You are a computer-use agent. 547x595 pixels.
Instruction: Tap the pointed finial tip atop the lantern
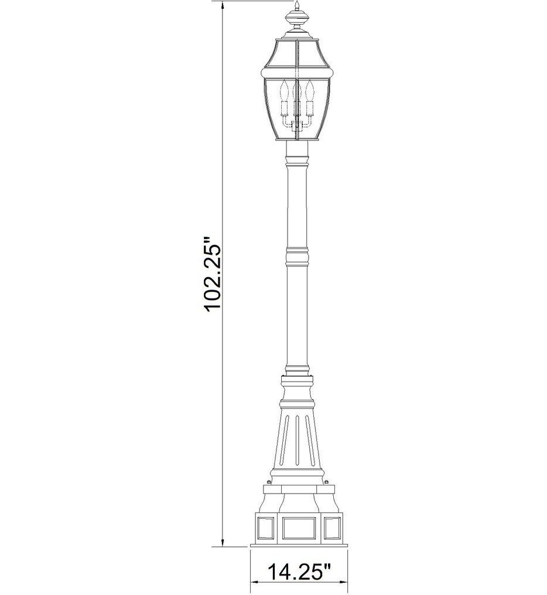point(297,6)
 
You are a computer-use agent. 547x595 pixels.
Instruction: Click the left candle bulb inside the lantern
point(286,91)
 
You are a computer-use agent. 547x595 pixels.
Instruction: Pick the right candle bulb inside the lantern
point(309,91)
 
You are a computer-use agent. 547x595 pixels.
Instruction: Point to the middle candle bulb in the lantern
point(297,89)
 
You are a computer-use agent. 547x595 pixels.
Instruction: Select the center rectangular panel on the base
point(299,528)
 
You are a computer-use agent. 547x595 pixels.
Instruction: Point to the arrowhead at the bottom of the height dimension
point(223,542)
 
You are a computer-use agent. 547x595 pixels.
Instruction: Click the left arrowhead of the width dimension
point(255,582)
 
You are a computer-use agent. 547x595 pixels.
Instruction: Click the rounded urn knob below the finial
point(297,21)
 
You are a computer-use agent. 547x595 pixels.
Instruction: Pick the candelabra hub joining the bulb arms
point(297,124)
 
